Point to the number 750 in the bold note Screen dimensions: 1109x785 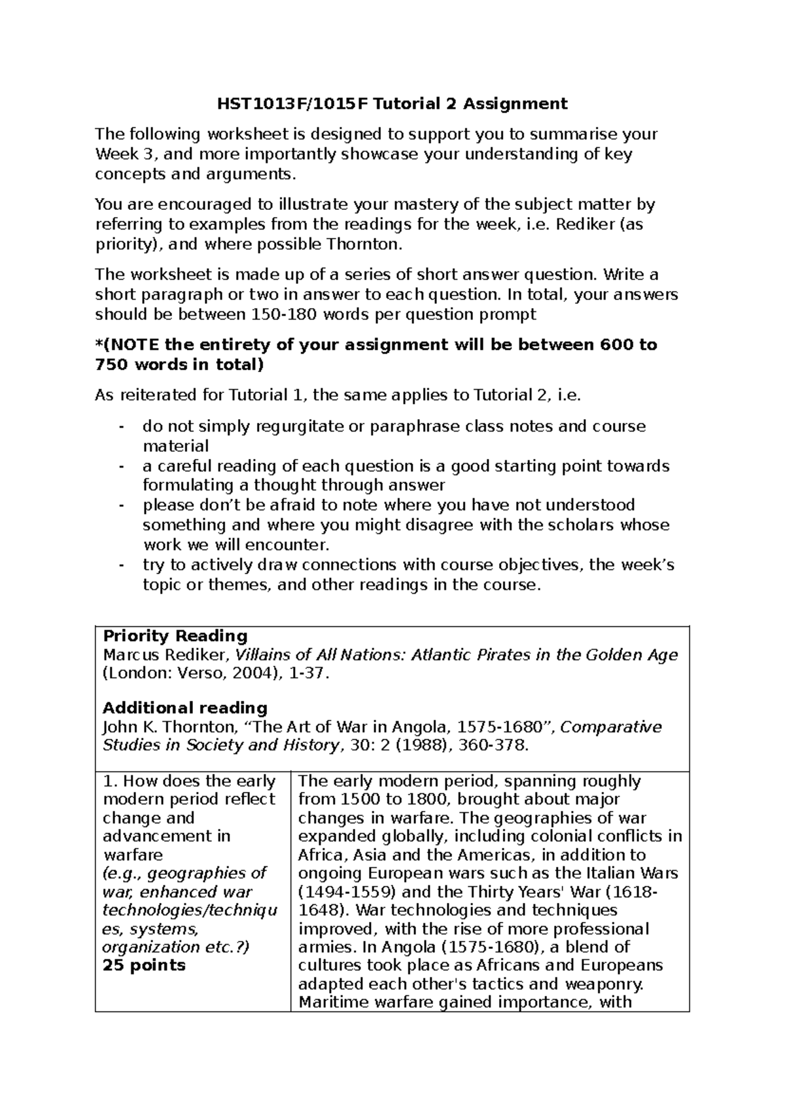tap(109, 365)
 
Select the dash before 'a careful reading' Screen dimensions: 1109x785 tap(121, 466)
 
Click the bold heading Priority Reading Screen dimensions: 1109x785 tap(175, 636)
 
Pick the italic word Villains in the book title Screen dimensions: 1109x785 tap(262, 655)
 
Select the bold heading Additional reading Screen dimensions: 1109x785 tap(185, 708)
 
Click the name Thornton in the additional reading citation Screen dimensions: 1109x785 tap(199, 727)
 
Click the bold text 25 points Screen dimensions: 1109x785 tap(144, 966)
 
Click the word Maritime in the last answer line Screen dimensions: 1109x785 tap(332, 1002)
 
